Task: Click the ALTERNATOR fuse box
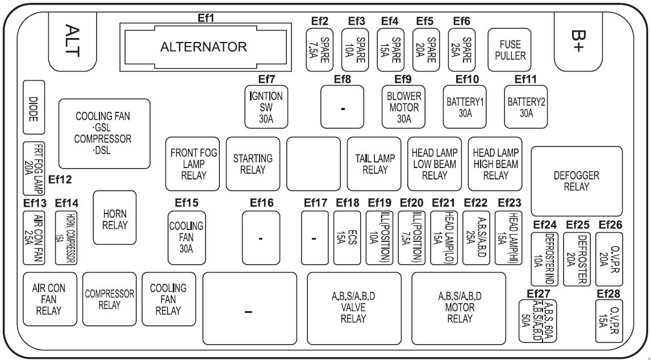pyautogui.click(x=203, y=47)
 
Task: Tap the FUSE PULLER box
pyautogui.click(x=509, y=51)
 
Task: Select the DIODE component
pyautogui.click(x=34, y=108)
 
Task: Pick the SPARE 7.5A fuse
pyautogui.click(x=320, y=51)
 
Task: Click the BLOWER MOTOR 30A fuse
pyautogui.click(x=403, y=107)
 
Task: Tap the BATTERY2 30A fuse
pyautogui.click(x=526, y=107)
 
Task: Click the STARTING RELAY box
pyautogui.click(x=253, y=163)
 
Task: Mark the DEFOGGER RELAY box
pyautogui.click(x=576, y=181)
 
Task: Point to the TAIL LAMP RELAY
pyautogui.click(x=374, y=163)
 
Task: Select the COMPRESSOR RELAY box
pyautogui.click(x=109, y=299)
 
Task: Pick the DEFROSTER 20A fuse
pyautogui.click(x=577, y=258)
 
